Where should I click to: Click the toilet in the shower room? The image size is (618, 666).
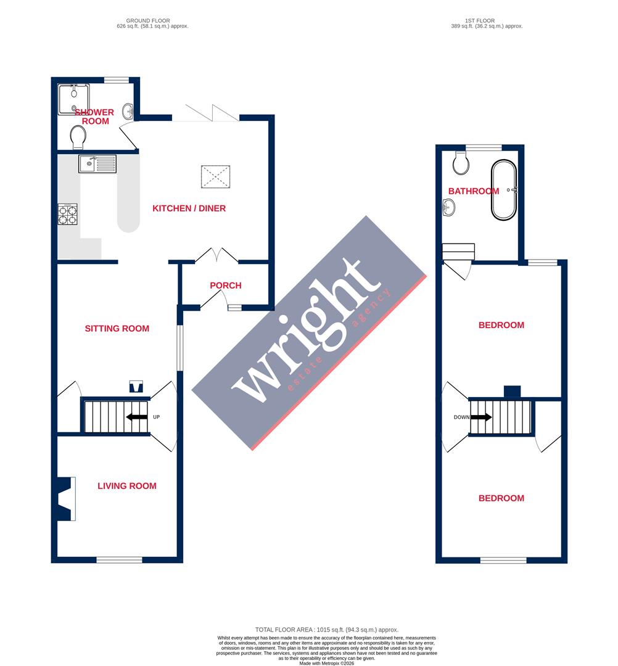coord(78,138)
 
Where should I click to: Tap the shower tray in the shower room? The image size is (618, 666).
coord(73,99)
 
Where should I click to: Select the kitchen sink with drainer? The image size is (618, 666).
coord(97,164)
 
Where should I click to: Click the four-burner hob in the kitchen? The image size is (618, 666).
coord(68,214)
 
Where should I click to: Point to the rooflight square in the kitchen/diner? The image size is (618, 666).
coord(215,177)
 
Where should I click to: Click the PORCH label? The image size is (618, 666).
coord(225,286)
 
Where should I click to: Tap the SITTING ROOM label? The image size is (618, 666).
coord(117,329)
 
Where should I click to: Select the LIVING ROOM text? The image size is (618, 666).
coord(127,486)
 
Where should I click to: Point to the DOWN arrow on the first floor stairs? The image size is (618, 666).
coord(481,417)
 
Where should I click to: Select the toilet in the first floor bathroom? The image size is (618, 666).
coord(460,163)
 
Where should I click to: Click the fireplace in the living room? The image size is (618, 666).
coord(65,499)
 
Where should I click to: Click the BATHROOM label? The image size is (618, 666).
coord(474,191)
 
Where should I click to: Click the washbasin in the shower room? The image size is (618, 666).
coord(128,112)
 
